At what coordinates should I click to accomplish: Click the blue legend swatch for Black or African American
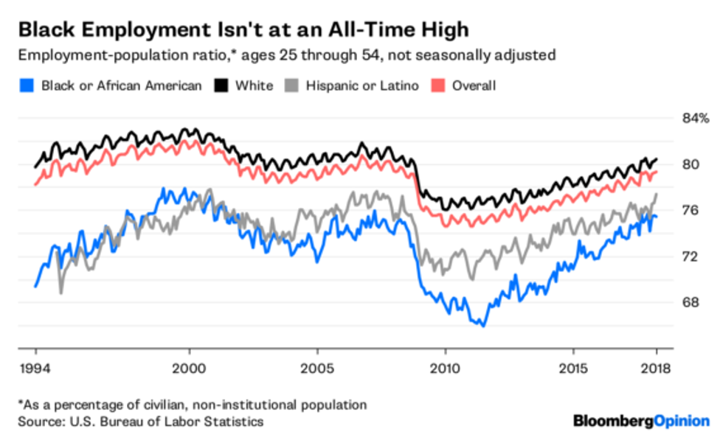pos(27,86)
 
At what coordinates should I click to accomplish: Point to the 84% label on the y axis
pos(694,118)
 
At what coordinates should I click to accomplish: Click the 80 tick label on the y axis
pos(691,164)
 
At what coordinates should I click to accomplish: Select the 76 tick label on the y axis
pos(691,211)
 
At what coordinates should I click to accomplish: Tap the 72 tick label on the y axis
pos(691,256)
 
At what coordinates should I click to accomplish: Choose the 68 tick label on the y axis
pos(691,302)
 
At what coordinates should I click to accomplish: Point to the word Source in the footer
pos(37,422)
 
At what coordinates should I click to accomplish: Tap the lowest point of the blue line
pos(483,325)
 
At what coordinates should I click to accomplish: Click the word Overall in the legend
pos(474,86)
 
